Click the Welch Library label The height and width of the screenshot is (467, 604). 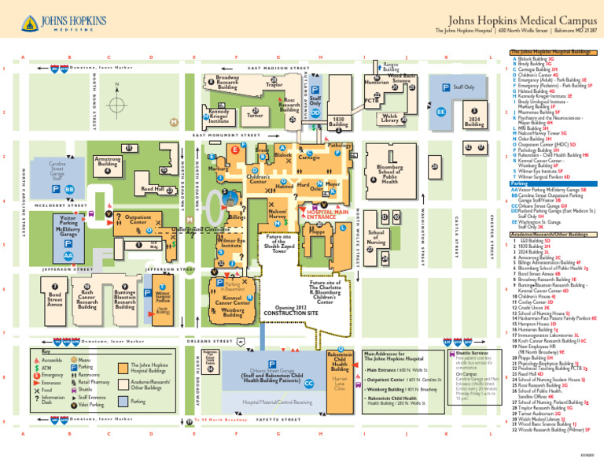389,118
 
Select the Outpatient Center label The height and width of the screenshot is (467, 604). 138,219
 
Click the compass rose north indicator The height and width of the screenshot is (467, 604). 116,105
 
